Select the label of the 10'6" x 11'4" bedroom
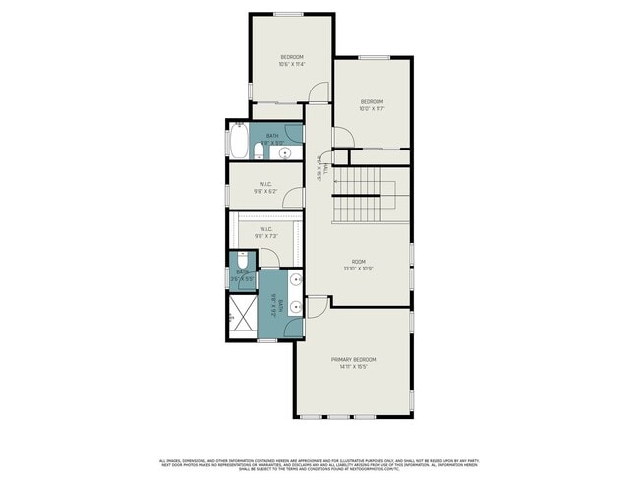click(x=292, y=57)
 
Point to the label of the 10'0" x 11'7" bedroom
click(x=371, y=101)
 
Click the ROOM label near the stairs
click(x=359, y=261)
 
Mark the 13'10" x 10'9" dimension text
click(x=359, y=268)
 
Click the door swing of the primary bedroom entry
click(x=317, y=307)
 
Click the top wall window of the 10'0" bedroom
click(x=374, y=57)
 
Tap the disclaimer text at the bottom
click(x=319, y=464)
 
